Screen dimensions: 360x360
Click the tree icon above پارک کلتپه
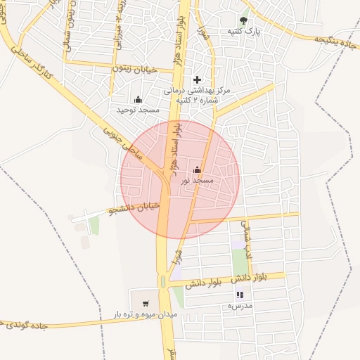(243, 20)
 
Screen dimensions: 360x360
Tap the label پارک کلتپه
(243, 32)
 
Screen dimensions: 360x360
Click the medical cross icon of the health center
(197, 79)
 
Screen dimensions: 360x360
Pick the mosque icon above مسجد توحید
(137, 99)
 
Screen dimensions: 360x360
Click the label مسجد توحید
(138, 110)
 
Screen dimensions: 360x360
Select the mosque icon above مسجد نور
(197, 169)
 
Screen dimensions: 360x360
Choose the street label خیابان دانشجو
(136, 208)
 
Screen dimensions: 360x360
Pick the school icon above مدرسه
(240, 295)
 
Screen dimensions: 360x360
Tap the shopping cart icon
(146, 304)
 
